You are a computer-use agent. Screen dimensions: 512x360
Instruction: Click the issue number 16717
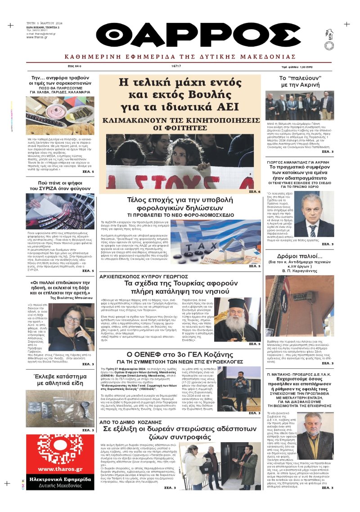tap(176, 66)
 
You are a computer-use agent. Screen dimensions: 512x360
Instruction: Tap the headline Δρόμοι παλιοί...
tap(299, 256)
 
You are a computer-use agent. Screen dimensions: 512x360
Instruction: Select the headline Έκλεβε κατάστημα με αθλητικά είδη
tap(60, 380)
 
